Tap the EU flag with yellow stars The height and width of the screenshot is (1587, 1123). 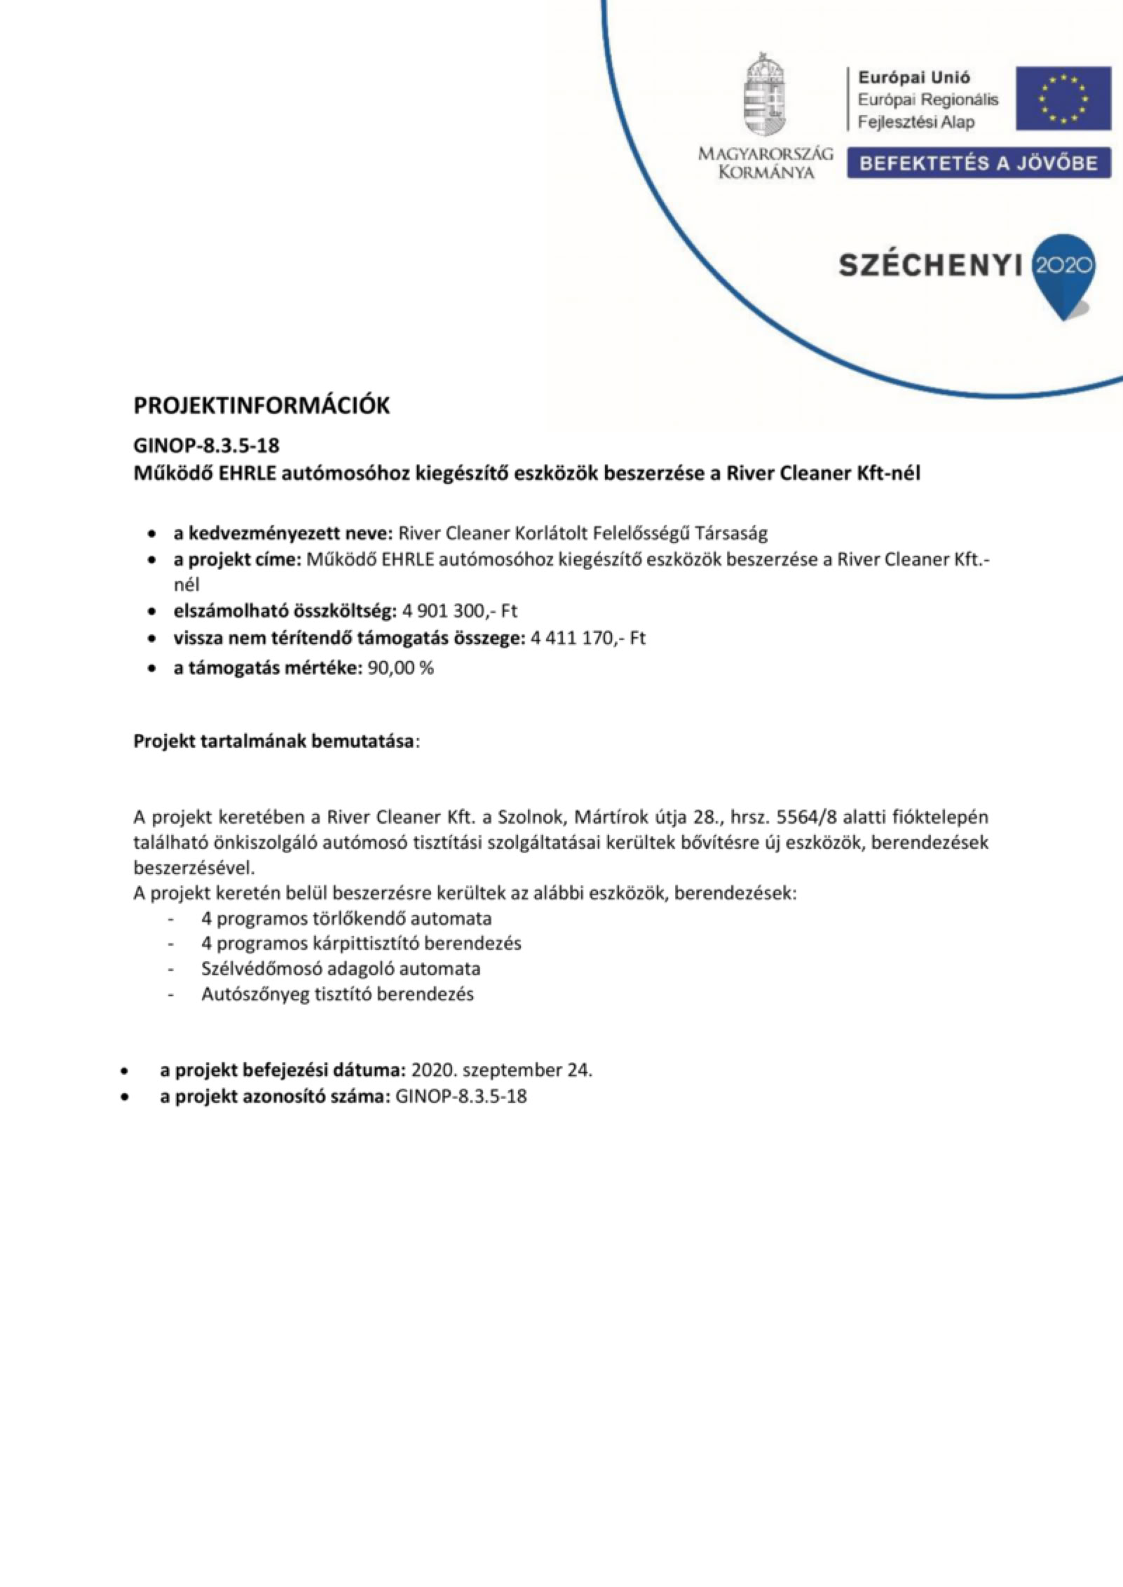click(1063, 98)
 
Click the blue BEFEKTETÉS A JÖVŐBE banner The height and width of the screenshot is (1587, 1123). click(979, 163)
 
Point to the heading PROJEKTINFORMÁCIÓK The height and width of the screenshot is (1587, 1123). click(261, 407)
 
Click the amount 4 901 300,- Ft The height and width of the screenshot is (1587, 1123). click(460, 611)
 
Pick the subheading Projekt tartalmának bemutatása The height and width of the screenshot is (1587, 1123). click(273, 742)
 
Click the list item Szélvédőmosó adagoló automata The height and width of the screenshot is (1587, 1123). click(341, 969)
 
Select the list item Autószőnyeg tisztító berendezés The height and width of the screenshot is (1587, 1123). click(337, 994)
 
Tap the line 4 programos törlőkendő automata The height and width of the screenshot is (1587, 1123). click(346, 918)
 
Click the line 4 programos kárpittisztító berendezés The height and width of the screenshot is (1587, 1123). click(361, 944)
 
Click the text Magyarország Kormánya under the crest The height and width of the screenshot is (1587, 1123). click(765, 163)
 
